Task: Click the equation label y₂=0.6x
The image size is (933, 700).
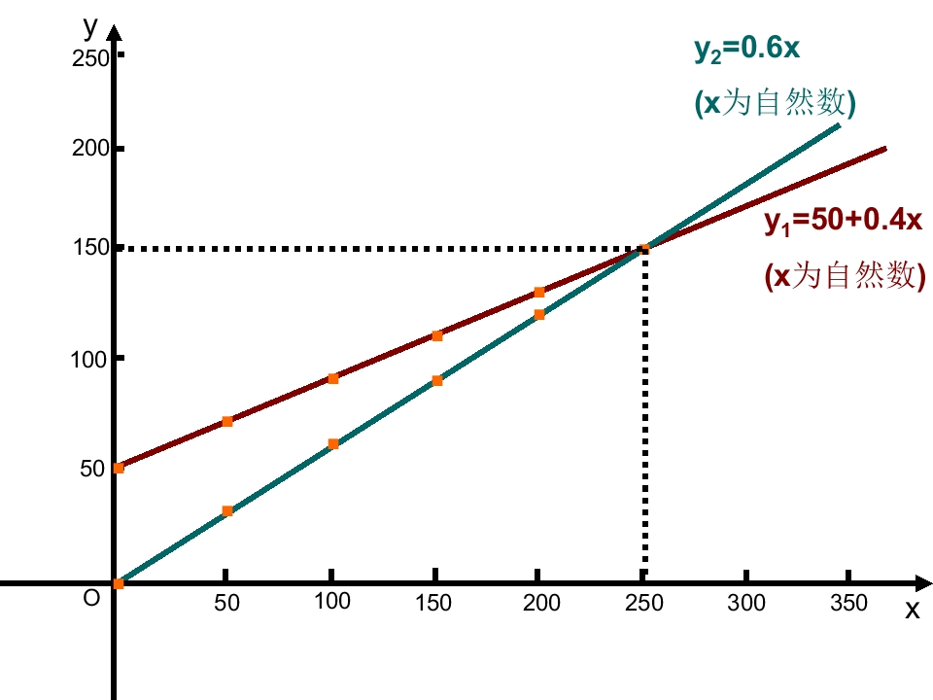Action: click(x=746, y=49)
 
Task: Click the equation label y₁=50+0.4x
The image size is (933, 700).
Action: click(x=844, y=222)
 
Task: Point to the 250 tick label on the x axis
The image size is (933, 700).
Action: click(x=643, y=603)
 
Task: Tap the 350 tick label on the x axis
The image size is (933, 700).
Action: click(x=848, y=603)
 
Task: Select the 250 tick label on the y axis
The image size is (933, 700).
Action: click(x=90, y=58)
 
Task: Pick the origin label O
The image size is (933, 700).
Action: click(x=91, y=598)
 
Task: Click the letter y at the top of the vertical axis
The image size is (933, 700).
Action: click(x=90, y=27)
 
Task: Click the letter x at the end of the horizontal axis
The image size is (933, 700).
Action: click(x=913, y=611)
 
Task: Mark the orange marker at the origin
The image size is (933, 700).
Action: click(x=119, y=583)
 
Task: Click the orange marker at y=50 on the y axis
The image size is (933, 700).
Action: click(x=119, y=468)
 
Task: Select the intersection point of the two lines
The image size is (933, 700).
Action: click(x=644, y=249)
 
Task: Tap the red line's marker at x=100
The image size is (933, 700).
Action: click(x=333, y=378)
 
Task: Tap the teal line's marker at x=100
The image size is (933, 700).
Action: click(x=333, y=444)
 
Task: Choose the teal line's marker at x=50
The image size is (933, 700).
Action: click(x=227, y=510)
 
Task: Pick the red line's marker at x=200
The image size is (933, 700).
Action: click(x=539, y=293)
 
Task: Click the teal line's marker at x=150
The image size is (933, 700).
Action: click(x=436, y=380)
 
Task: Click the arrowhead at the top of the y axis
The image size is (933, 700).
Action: click(x=115, y=33)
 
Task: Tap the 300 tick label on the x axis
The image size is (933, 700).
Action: click(x=746, y=603)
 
